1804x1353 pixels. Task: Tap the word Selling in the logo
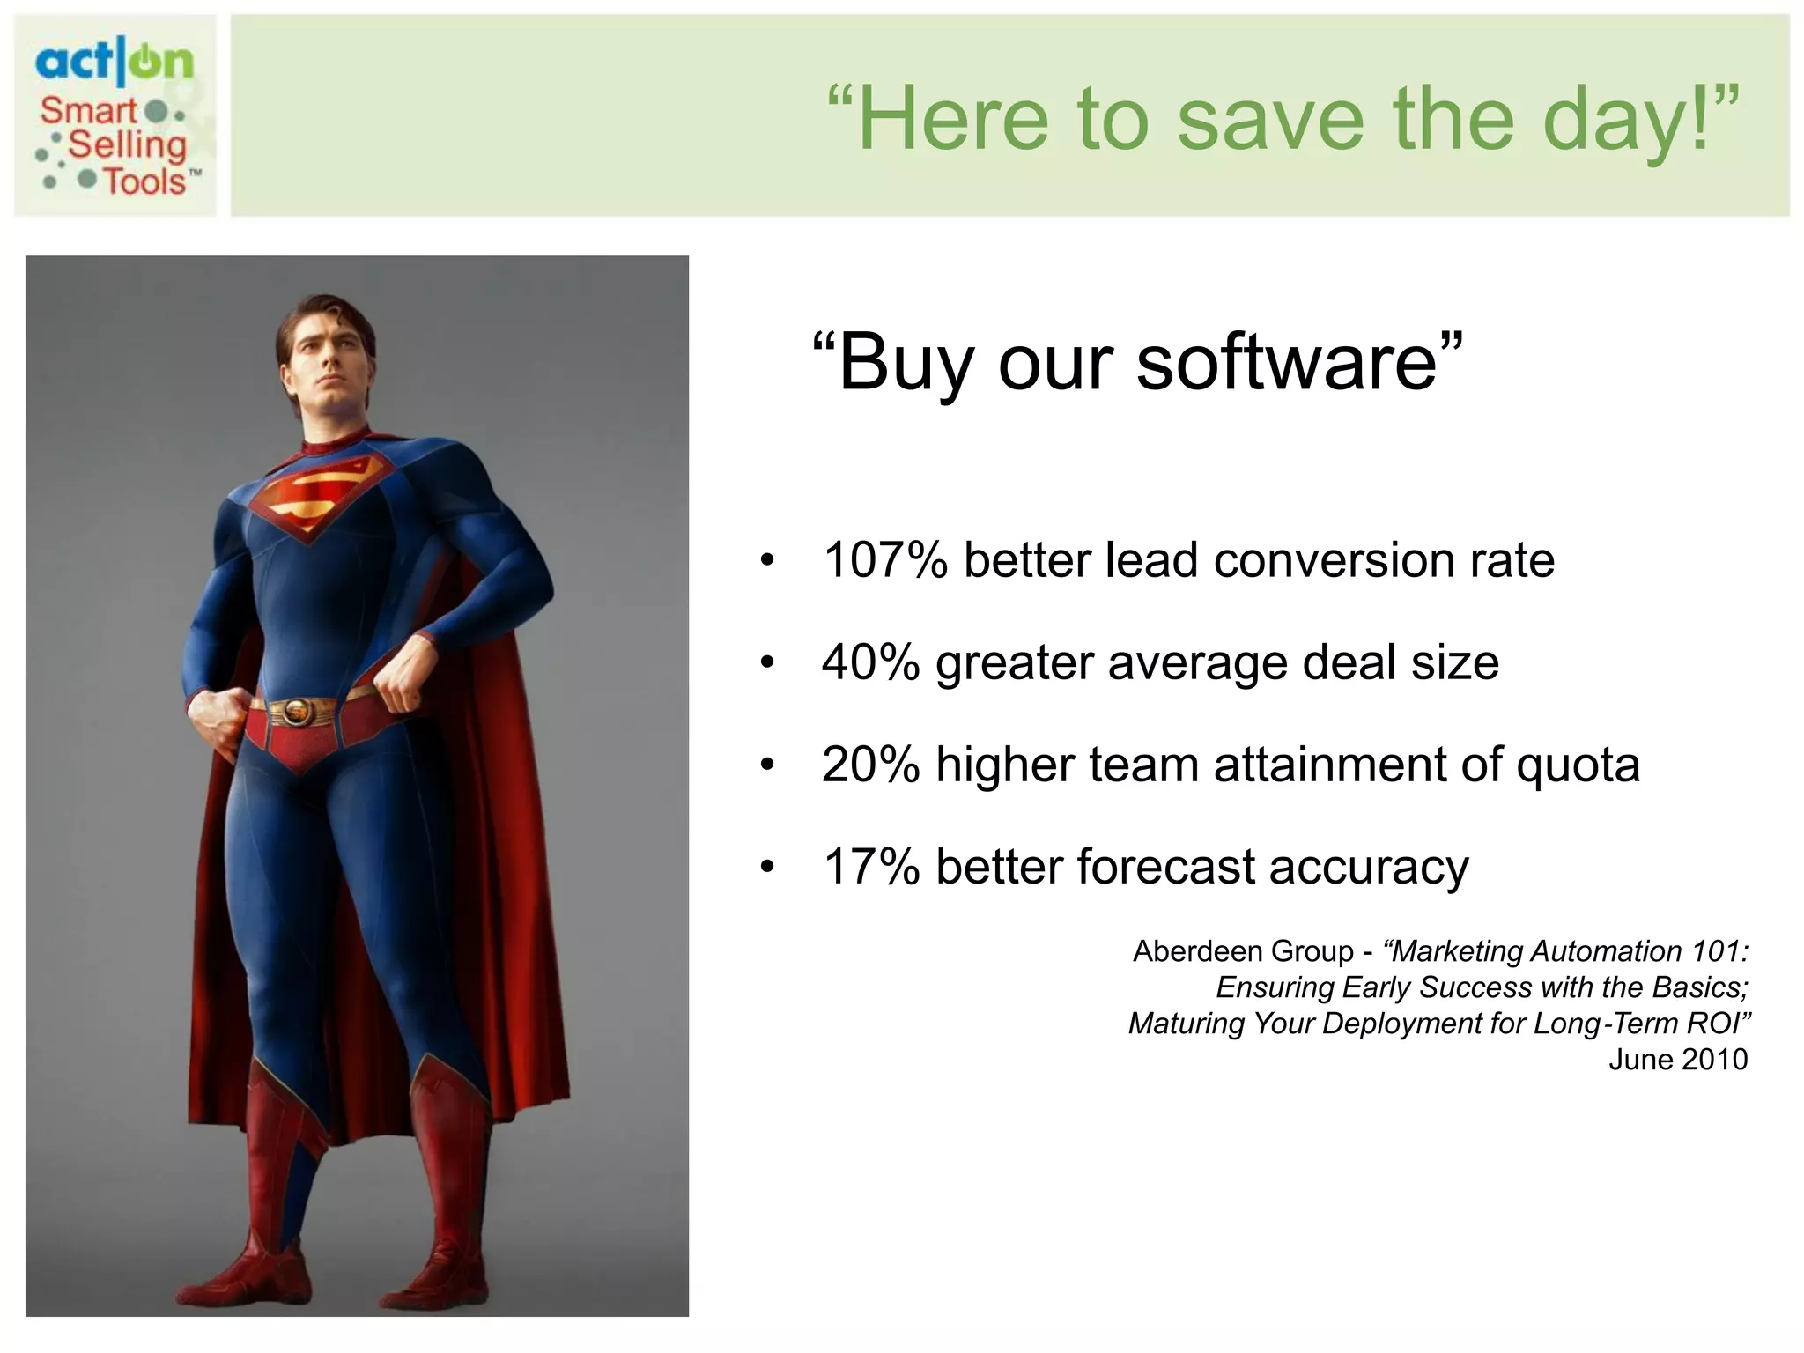pyautogui.click(x=127, y=145)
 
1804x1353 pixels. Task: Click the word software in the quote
pyautogui.click(x=1287, y=363)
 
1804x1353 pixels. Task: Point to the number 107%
pyautogui.click(x=884, y=560)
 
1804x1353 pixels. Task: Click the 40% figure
pyautogui.click(x=870, y=662)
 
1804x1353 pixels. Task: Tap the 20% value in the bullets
pyautogui.click(x=870, y=765)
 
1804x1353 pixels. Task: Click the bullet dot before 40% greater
pyautogui.click(x=767, y=663)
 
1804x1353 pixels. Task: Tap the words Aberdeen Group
pyautogui.click(x=1243, y=951)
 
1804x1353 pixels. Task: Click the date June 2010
pyautogui.click(x=1677, y=1059)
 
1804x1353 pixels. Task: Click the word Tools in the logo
pyautogui.click(x=145, y=181)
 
